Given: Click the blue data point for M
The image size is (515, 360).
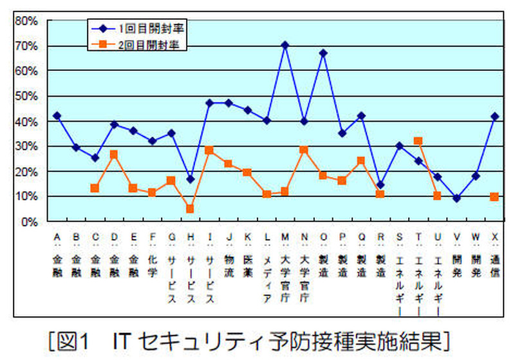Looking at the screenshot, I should click(x=285, y=45).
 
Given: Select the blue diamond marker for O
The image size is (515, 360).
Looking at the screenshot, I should click(x=323, y=53).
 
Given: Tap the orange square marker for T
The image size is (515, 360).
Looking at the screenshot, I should click(x=418, y=140).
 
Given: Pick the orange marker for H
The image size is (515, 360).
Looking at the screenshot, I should click(x=190, y=209).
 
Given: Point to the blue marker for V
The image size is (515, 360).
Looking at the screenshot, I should click(x=456, y=198).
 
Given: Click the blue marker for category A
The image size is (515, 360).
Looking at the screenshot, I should click(x=57, y=115).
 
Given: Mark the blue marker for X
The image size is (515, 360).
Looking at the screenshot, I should click(x=494, y=116).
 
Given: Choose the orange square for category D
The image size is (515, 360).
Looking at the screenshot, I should click(x=114, y=155).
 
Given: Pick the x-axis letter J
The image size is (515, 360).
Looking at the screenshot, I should click(x=229, y=236).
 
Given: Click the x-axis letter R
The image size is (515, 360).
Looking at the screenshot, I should click(x=380, y=236).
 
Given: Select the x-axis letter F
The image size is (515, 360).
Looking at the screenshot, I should click(x=152, y=236).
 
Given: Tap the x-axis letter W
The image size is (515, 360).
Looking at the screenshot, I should click(x=475, y=236).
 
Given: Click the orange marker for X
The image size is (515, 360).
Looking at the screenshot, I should click(x=494, y=197).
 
